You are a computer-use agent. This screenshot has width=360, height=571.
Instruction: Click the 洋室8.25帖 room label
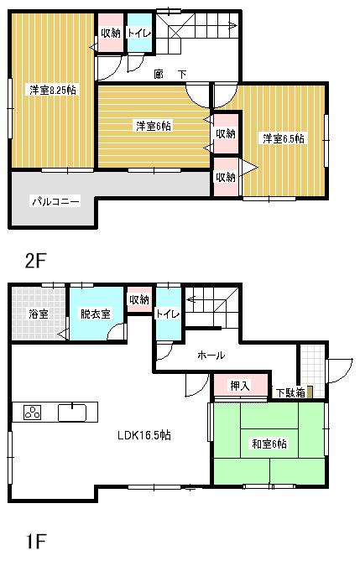53,90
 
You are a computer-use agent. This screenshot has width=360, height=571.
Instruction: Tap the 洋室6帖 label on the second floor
154,126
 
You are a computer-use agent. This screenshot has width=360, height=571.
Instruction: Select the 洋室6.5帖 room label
283,138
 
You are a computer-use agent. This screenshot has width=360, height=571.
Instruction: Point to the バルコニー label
55,201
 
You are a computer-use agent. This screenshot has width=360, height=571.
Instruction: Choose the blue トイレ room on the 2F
139,34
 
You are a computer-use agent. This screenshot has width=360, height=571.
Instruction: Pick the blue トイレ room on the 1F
168,314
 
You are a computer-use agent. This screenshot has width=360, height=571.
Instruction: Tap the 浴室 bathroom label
38,314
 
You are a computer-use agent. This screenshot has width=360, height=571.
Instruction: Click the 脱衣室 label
94,314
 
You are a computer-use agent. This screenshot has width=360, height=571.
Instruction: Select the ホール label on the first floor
211,356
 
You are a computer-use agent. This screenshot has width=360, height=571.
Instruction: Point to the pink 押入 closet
240,386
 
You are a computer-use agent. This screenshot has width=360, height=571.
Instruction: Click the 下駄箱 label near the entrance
290,392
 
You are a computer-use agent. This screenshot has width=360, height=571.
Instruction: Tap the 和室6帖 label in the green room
269,444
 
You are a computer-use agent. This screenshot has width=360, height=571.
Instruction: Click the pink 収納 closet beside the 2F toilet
110,34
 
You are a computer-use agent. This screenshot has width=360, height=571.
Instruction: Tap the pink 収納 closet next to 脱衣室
139,299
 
